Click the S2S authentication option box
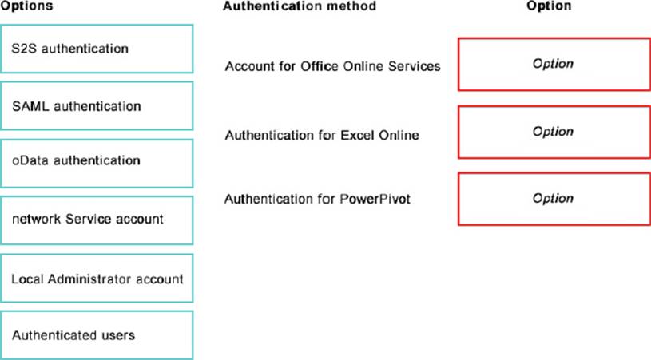97,49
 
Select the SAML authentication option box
97,105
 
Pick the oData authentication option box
97,164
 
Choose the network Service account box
97,220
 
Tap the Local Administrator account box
97,279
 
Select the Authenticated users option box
97,335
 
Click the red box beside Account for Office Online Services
554,65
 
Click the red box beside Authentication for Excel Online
554,132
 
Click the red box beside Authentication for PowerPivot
554,199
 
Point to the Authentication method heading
300,6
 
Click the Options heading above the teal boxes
26,6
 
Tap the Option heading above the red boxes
549,6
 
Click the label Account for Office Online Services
332,66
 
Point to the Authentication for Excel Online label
322,135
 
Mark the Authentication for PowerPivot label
317,199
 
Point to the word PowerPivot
375,199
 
